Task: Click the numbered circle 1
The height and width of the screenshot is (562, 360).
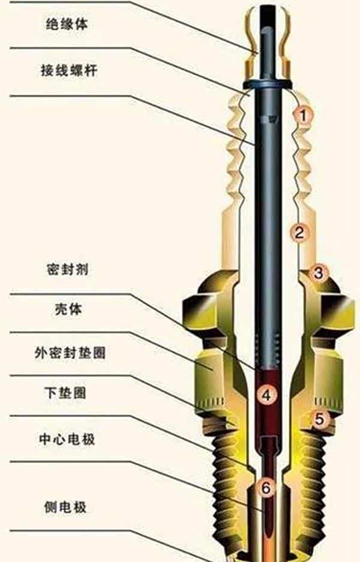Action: tap(304, 113)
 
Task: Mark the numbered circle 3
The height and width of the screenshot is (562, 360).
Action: tap(319, 273)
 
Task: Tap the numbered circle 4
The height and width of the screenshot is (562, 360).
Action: tap(267, 394)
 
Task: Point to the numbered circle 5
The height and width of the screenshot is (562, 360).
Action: tap(319, 420)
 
